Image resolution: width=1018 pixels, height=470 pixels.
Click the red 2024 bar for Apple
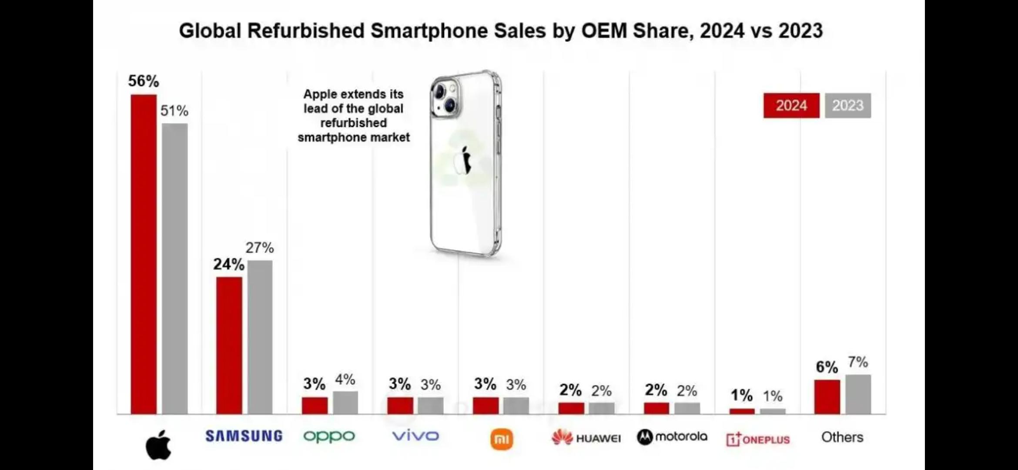pyautogui.click(x=144, y=254)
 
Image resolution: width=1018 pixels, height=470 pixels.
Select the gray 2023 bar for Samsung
pyautogui.click(x=260, y=337)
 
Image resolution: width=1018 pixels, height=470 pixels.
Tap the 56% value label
pyautogui.click(x=144, y=81)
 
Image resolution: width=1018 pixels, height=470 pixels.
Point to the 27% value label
pyautogui.click(x=260, y=248)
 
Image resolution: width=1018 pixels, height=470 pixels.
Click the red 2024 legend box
pyautogui.click(x=791, y=105)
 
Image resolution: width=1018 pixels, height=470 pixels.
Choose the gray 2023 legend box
pyautogui.click(x=848, y=105)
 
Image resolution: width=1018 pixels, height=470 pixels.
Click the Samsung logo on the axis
pyautogui.click(x=244, y=436)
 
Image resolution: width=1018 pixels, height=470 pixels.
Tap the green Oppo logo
pyautogui.click(x=329, y=436)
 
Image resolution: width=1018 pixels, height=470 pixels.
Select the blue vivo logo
pyautogui.click(x=415, y=436)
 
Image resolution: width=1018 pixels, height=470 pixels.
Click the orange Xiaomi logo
pyautogui.click(x=502, y=439)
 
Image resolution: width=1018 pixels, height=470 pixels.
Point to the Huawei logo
pyautogui.click(x=586, y=438)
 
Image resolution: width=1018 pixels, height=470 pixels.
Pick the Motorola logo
pyautogui.click(x=672, y=437)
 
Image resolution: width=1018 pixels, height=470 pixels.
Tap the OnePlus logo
pyautogui.click(x=758, y=439)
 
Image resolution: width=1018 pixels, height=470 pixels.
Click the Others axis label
pyautogui.click(x=842, y=437)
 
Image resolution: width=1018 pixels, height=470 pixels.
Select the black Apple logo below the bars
pyautogui.click(x=158, y=445)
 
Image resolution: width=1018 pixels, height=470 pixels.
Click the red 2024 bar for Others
pyautogui.click(x=827, y=397)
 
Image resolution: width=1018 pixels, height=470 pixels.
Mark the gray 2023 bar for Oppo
pyautogui.click(x=345, y=403)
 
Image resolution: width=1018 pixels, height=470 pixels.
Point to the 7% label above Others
pyautogui.click(x=858, y=362)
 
